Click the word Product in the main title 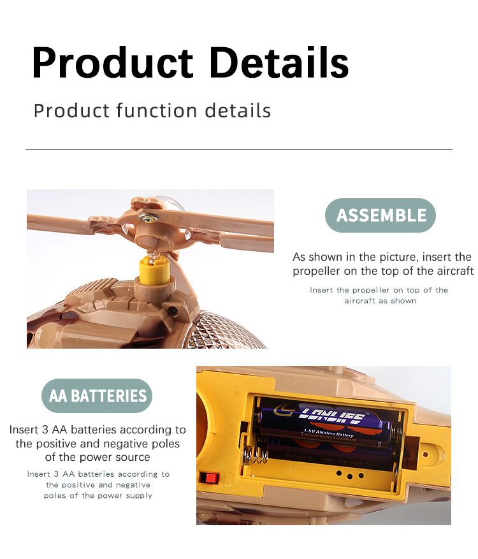pyautogui.click(x=112, y=62)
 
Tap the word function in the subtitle pyautogui.click(x=157, y=110)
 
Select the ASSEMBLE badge pyautogui.click(x=380, y=215)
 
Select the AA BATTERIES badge pyautogui.click(x=97, y=396)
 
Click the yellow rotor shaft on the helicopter pyautogui.click(x=154, y=270)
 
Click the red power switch pyautogui.click(x=209, y=477)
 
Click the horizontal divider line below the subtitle pyautogui.click(x=239, y=149)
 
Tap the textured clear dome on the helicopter pyautogui.click(x=228, y=330)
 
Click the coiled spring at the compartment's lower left pyautogui.click(x=255, y=455)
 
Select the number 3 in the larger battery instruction pyautogui.click(x=45, y=430)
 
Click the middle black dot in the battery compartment pyautogui.click(x=350, y=476)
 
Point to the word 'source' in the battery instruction pyautogui.click(x=133, y=457)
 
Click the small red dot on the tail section pyautogui.click(x=425, y=454)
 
